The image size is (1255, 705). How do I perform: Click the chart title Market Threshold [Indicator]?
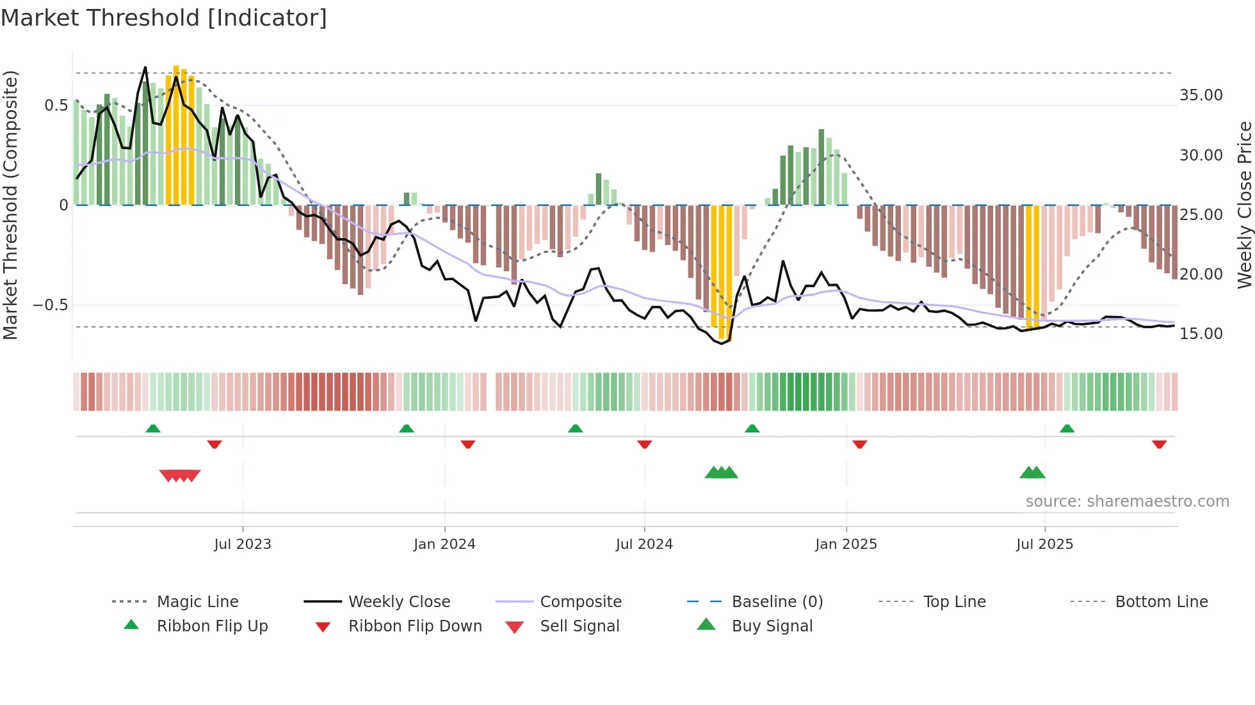point(164,18)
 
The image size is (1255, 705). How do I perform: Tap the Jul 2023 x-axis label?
point(243,544)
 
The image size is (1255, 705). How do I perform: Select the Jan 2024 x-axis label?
point(444,544)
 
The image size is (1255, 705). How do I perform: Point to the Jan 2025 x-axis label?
point(846,544)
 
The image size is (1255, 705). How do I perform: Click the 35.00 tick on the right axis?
point(1201,95)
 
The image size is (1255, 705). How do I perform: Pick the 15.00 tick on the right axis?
point(1201,334)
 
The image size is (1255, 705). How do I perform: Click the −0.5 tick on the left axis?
point(51,305)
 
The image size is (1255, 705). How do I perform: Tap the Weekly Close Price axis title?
point(1244,205)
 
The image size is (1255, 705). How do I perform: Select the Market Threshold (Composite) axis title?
point(10,205)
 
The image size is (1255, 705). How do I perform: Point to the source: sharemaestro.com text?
point(1127,502)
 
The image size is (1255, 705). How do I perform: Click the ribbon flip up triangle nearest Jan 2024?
point(407,429)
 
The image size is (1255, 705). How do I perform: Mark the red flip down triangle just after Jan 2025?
point(860,444)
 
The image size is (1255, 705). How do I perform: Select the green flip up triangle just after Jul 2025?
point(1067,429)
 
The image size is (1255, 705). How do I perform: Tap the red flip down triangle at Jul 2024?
point(645,444)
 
